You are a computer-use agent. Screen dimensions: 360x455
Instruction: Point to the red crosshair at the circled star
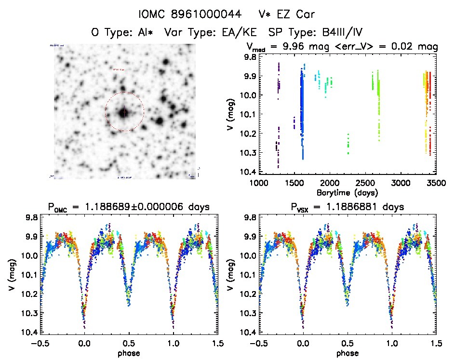click(x=124, y=112)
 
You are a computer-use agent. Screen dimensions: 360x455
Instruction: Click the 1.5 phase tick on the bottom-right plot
click(x=436, y=344)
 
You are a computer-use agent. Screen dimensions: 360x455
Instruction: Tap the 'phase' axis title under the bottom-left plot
click(x=128, y=353)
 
